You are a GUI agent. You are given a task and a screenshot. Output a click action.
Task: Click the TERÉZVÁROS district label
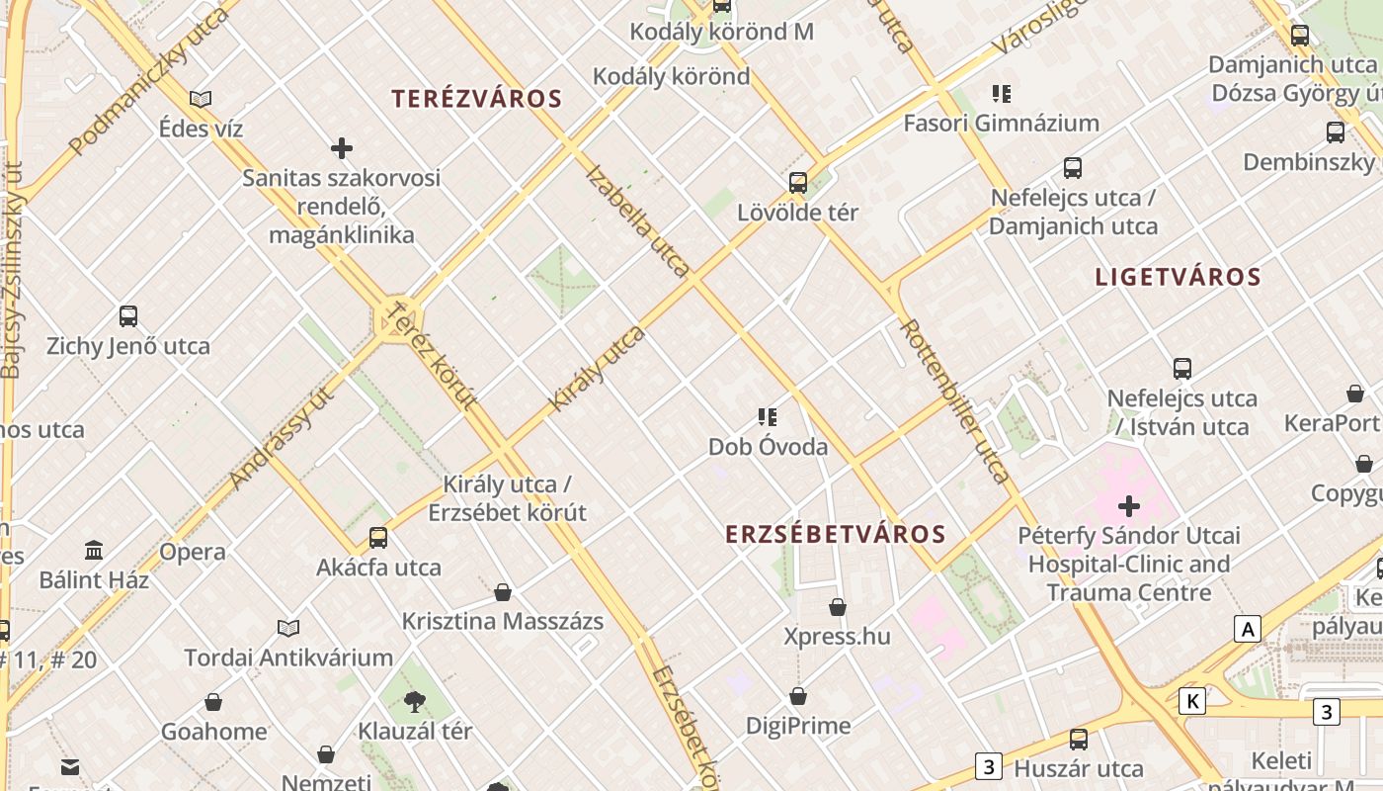(x=476, y=99)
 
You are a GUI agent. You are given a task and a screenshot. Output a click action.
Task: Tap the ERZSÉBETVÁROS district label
(x=836, y=535)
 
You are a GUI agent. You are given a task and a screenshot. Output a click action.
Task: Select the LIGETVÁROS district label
(x=1178, y=278)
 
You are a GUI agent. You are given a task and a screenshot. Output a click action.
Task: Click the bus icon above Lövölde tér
(x=798, y=183)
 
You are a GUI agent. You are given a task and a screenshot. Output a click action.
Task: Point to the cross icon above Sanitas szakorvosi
(x=342, y=149)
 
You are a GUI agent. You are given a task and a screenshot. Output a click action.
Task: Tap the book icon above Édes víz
(x=201, y=99)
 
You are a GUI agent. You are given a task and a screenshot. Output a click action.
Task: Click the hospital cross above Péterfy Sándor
(x=1128, y=507)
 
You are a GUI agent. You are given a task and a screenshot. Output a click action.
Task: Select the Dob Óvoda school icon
(x=768, y=417)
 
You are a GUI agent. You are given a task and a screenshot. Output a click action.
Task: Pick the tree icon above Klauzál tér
(x=415, y=702)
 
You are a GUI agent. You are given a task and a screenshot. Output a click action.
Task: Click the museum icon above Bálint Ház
(x=94, y=550)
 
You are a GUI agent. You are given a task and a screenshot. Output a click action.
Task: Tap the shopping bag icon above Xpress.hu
(x=838, y=606)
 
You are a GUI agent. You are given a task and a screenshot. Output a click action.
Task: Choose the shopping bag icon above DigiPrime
(x=798, y=697)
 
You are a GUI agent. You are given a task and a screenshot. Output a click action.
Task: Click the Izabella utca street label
(x=638, y=220)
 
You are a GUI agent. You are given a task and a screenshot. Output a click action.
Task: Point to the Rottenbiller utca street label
(x=954, y=400)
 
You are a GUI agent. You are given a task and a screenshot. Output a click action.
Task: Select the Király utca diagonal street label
(x=597, y=368)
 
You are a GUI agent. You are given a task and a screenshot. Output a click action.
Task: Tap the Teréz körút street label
(x=431, y=356)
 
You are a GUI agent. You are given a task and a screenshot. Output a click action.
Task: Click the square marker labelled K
(x=1193, y=702)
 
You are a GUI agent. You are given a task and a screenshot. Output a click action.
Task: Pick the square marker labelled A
(x=1248, y=629)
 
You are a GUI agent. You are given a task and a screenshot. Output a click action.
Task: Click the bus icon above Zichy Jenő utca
(x=128, y=316)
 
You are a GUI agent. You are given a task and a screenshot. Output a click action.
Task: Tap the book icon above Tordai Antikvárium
(x=288, y=628)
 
